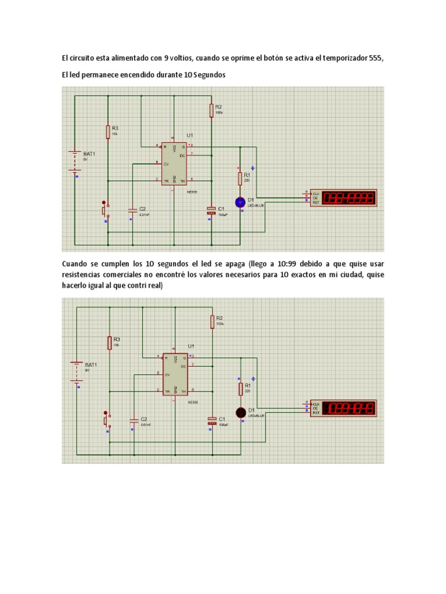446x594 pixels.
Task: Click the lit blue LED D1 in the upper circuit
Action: (x=240, y=202)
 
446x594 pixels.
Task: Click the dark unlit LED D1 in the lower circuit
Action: (x=240, y=412)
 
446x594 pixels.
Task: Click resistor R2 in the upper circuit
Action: (x=211, y=110)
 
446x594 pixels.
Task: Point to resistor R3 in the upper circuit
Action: (x=108, y=132)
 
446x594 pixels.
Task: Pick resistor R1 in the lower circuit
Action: (x=240, y=387)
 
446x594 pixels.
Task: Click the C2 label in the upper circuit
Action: (x=143, y=208)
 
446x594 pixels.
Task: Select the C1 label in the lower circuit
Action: (x=222, y=418)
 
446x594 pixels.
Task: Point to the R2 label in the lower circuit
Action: (x=220, y=318)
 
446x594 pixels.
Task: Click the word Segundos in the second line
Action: (x=206, y=76)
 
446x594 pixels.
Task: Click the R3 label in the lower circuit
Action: (x=116, y=339)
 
